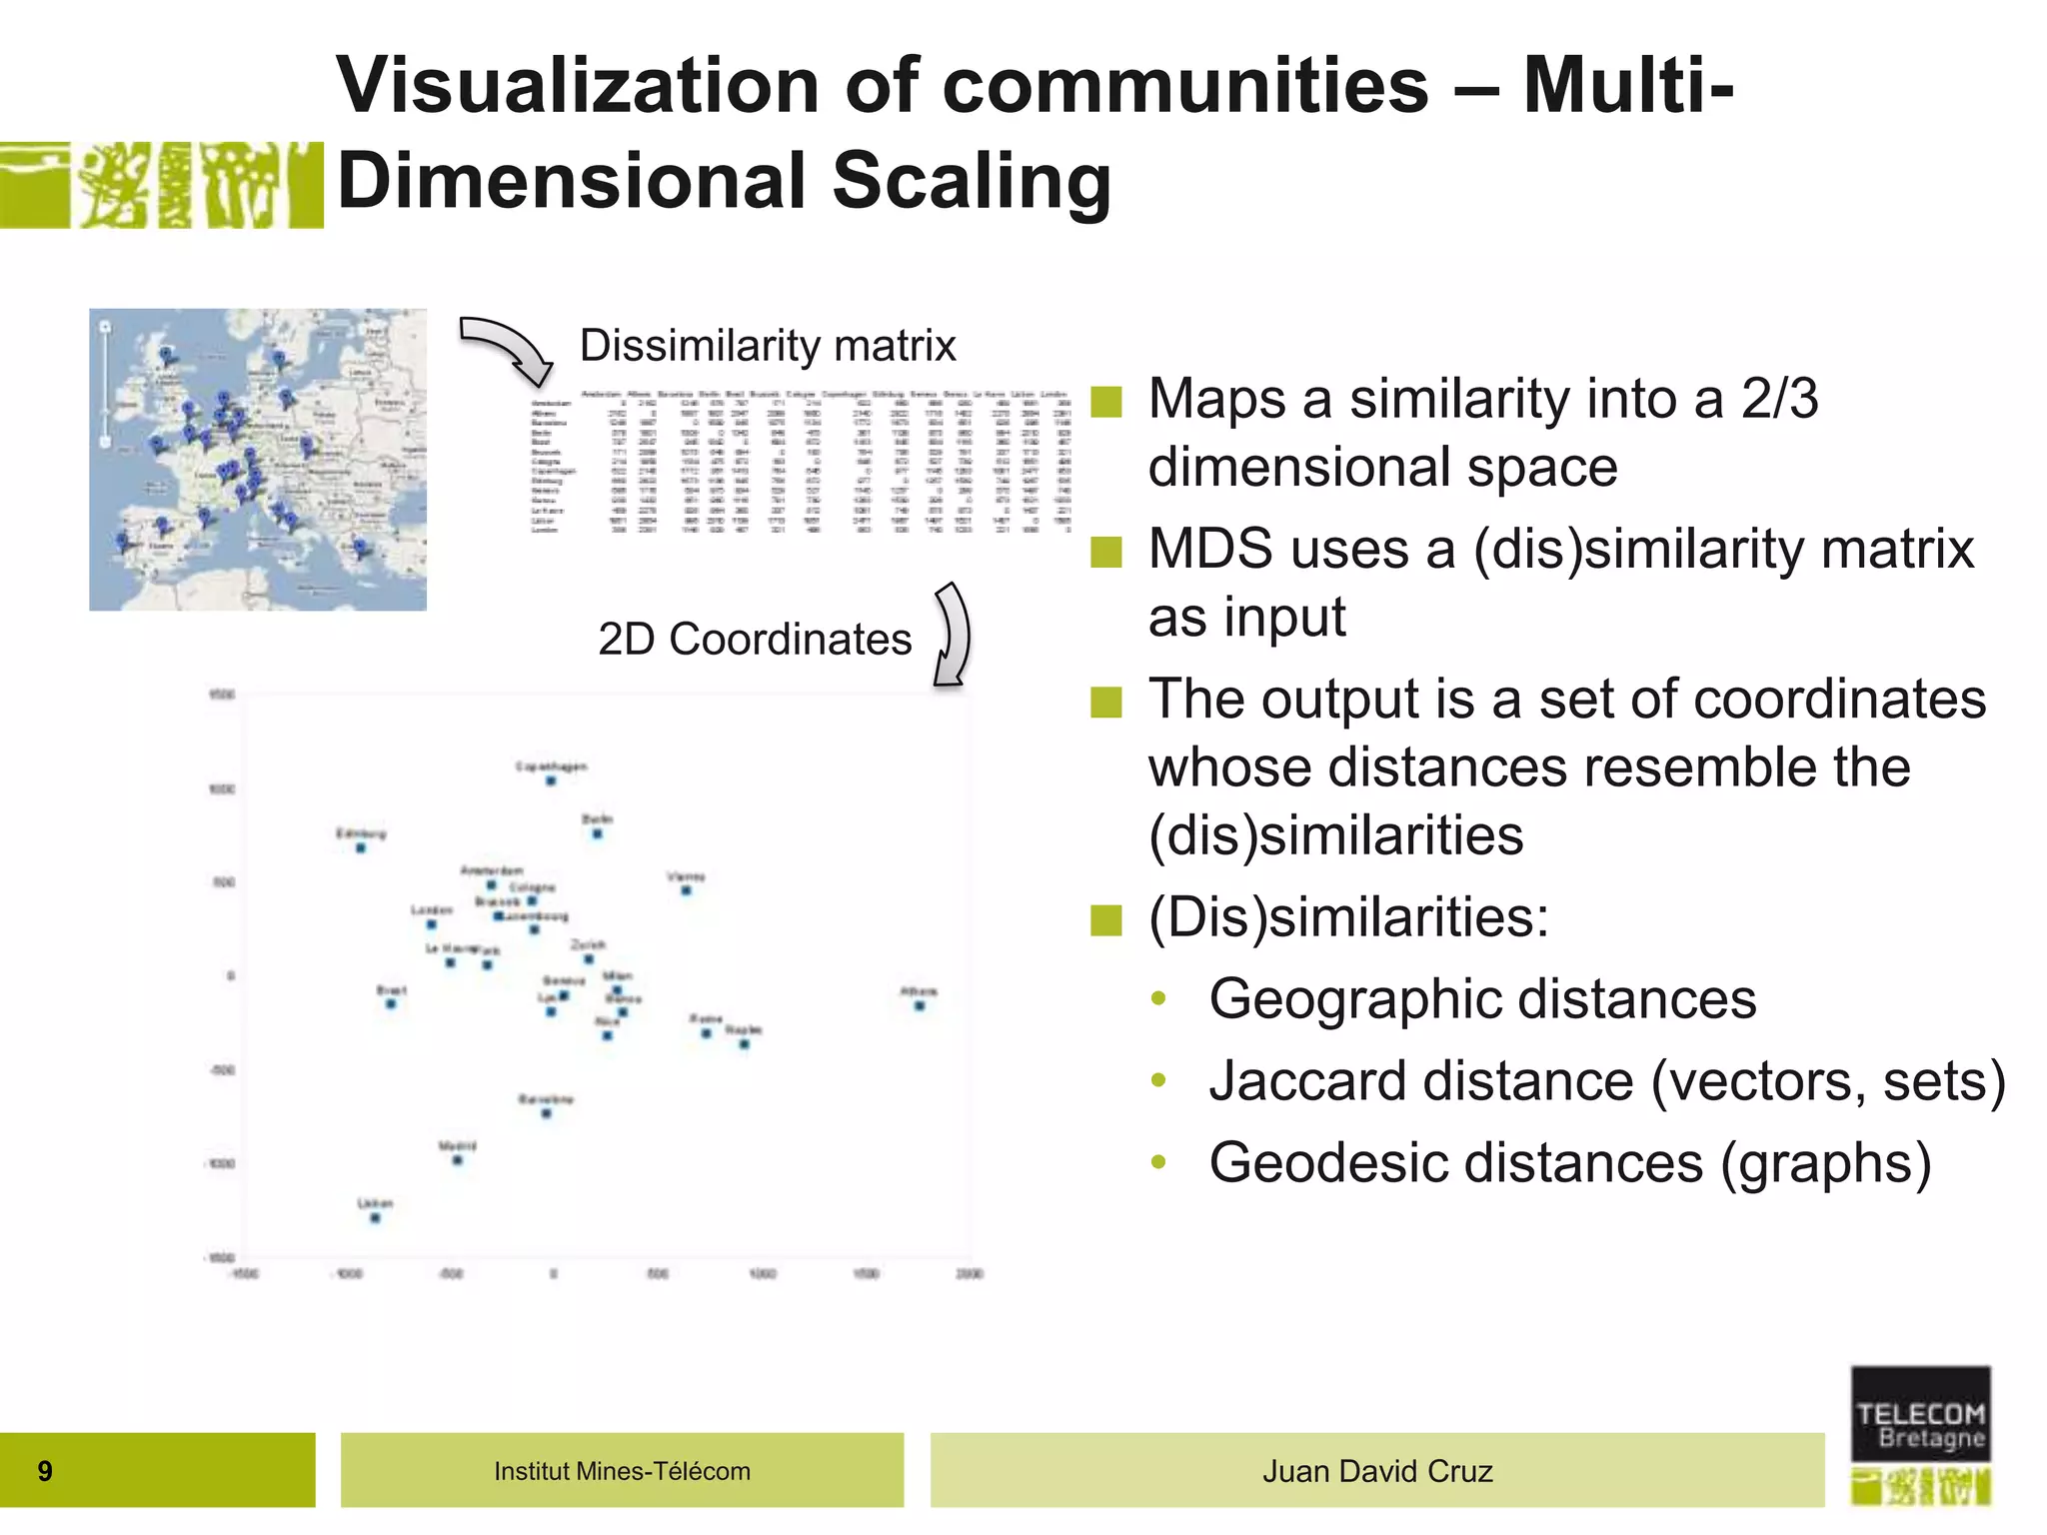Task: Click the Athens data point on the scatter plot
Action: [920, 1005]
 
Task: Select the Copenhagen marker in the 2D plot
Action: [551, 780]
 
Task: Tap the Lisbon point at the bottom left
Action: [376, 1218]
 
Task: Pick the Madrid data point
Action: [458, 1160]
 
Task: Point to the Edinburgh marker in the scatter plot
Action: [361, 847]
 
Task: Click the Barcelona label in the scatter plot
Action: [546, 1098]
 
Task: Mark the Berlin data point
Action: [597, 833]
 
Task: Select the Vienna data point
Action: [686, 890]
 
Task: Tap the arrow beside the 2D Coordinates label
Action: [953, 635]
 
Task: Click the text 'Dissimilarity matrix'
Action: [768, 346]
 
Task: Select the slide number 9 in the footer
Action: [45, 1471]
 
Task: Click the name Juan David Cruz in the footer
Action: [1377, 1471]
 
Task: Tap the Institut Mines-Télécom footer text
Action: [622, 1471]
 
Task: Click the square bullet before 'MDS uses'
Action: [1106, 552]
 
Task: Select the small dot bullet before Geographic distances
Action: [1158, 998]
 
